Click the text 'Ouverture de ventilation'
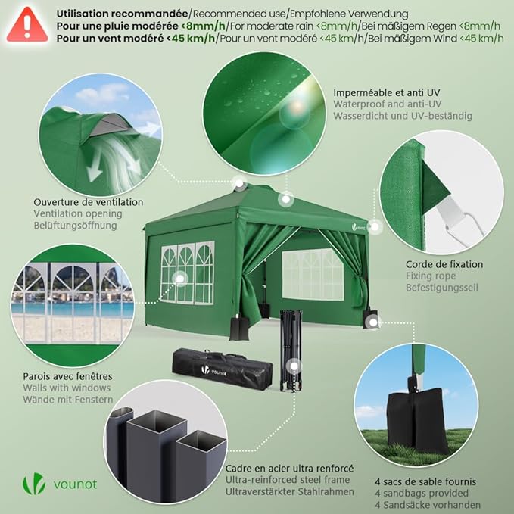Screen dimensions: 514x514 (x=89, y=202)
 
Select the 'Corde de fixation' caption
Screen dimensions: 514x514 (x=444, y=264)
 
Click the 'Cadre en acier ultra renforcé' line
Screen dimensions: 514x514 (x=291, y=469)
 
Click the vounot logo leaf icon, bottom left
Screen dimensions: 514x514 (x=34, y=483)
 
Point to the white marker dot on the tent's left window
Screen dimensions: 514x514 (x=179, y=279)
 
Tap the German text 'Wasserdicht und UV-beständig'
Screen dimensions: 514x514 (x=403, y=117)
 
